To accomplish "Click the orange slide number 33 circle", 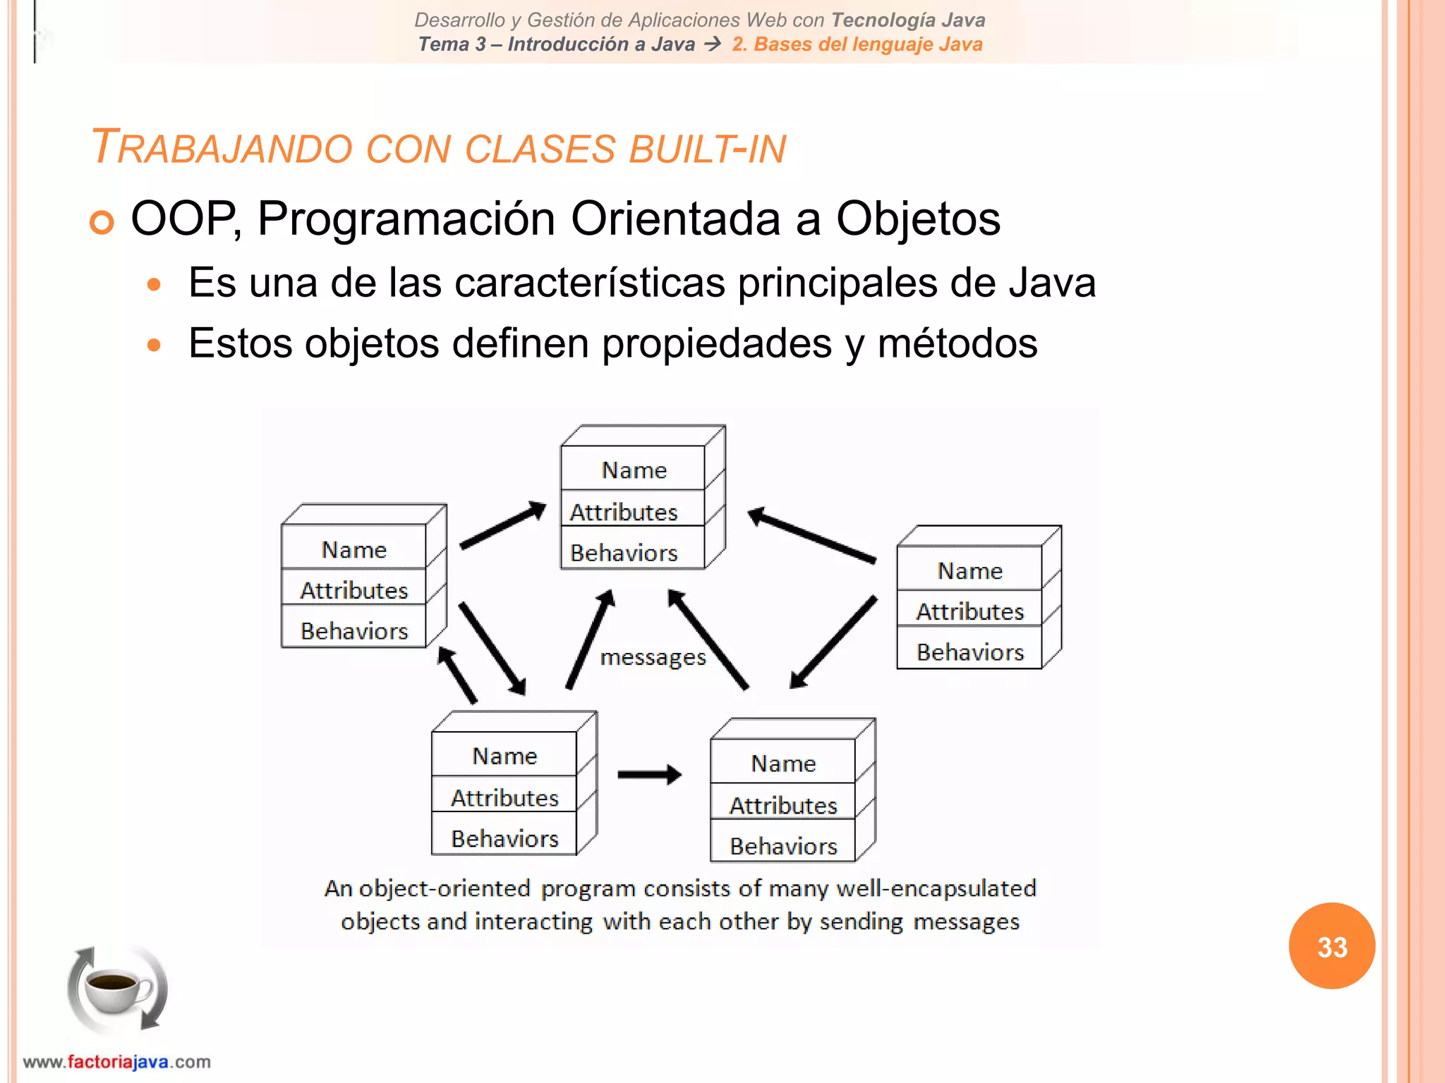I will click(1331, 946).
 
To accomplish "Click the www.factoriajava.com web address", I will click(117, 1062).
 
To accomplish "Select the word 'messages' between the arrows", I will click(653, 658).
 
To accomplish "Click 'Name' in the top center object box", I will click(634, 470).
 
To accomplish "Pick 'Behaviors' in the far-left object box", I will click(354, 631).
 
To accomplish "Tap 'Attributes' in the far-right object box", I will click(969, 612).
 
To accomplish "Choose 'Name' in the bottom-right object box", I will click(783, 764).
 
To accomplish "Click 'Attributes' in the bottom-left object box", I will click(504, 798).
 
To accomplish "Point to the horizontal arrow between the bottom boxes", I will click(649, 775).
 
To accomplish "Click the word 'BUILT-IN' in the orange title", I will click(707, 149).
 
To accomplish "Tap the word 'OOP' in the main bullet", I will click(183, 219).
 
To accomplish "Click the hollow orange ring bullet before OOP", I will click(102, 223).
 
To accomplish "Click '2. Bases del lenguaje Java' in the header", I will click(857, 44).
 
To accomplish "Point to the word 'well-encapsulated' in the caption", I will click(936, 888).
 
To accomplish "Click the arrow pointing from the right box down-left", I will click(833, 642).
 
